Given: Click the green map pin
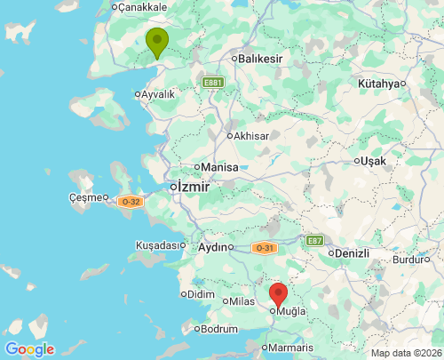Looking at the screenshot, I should tap(156, 41).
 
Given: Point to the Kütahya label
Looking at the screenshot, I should tap(379, 84).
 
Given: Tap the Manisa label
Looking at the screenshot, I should tap(219, 167).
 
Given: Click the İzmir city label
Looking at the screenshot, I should tap(193, 188).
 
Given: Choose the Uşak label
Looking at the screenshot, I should tap(372, 162).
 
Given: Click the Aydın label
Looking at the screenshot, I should tap(214, 247).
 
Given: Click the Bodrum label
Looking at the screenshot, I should tap(219, 329).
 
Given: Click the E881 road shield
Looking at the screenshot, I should tap(211, 83).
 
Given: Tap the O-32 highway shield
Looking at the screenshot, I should tap(131, 202).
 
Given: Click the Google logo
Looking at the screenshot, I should tap(29, 349).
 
